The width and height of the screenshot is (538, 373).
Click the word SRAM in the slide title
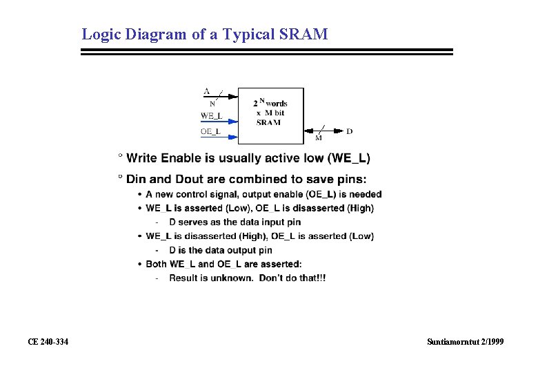[x=304, y=34]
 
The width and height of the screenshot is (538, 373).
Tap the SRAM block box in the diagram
[x=270, y=115]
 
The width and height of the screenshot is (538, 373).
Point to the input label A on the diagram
[x=206, y=91]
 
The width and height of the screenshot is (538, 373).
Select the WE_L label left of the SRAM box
[x=211, y=115]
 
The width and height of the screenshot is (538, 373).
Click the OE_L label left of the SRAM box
[x=211, y=131]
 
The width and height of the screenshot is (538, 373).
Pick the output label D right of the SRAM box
[x=349, y=131]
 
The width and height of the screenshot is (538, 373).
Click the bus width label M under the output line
[x=319, y=137]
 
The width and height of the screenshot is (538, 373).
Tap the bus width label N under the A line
[x=212, y=104]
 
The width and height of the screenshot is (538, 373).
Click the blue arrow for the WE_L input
[x=230, y=121]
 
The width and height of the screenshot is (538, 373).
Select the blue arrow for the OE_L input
[x=230, y=137]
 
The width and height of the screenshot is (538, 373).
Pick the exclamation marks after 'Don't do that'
[x=321, y=278]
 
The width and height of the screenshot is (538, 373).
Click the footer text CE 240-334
[x=48, y=342]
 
